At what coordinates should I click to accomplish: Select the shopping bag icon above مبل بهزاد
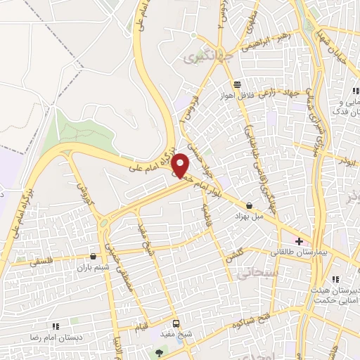249,205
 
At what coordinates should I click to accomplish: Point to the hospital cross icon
299,240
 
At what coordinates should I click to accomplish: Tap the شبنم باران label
94,267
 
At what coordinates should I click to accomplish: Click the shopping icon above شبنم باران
94,256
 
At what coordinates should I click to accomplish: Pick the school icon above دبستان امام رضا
56,326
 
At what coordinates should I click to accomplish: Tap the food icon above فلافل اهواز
238,82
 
